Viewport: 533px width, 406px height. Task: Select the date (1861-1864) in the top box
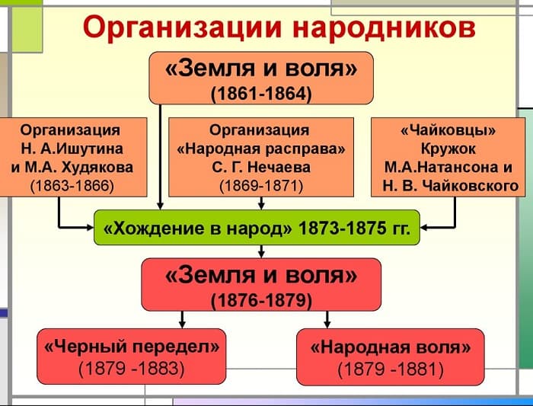pyautogui.click(x=261, y=94)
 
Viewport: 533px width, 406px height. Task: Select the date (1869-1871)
pyautogui.click(x=260, y=186)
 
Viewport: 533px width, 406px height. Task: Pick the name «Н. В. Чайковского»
pyautogui.click(x=450, y=186)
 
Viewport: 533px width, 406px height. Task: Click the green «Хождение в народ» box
pyautogui.click(x=257, y=227)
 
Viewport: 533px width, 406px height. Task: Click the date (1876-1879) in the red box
pyautogui.click(x=261, y=300)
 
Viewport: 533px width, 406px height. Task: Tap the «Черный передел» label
pyautogui.click(x=132, y=347)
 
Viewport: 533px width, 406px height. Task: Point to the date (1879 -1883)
pyautogui.click(x=132, y=369)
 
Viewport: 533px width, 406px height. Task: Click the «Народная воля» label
pyautogui.click(x=390, y=347)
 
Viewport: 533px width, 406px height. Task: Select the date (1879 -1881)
pyautogui.click(x=390, y=370)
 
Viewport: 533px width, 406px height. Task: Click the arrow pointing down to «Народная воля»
pyautogui.click(x=327, y=319)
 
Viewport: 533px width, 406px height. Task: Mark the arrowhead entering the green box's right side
pyautogui.click(x=426, y=226)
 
